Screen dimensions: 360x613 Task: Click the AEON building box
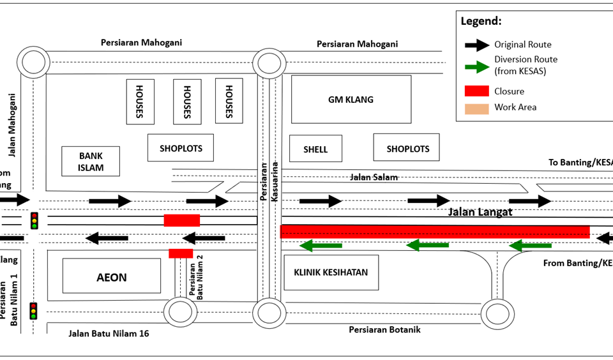112,276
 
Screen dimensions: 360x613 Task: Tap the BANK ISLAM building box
91,161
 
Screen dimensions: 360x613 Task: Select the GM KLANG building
351,100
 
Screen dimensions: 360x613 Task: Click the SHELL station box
315,149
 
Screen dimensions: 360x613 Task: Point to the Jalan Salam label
373,177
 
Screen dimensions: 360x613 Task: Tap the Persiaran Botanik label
384,330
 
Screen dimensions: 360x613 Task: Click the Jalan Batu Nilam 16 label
109,333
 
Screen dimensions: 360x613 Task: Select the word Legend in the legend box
481,21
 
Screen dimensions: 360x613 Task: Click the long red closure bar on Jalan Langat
434,231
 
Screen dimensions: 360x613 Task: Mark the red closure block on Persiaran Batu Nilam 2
181,253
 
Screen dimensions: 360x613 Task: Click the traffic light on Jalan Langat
34,220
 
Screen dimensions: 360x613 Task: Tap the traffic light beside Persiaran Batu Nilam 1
33,311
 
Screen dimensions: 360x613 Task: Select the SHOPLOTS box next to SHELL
407,148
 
